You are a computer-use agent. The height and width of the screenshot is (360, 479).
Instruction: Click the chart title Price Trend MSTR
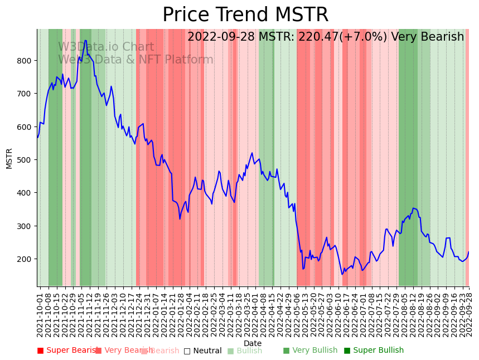(245, 15)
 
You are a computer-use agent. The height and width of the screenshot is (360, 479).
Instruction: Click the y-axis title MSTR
(9, 158)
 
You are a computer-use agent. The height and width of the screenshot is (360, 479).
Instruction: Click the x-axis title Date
(253, 343)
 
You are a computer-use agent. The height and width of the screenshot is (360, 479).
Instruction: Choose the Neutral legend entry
(202, 351)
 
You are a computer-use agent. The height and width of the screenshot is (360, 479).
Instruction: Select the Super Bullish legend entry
(374, 351)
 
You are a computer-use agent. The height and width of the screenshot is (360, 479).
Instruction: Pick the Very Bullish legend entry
(310, 351)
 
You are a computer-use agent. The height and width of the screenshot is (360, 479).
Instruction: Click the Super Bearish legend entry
(67, 351)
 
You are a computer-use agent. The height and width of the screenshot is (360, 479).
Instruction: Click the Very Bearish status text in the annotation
(427, 37)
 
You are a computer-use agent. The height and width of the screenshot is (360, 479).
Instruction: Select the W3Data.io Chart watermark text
(106, 47)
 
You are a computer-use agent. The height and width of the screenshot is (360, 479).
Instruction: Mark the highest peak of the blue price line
(85, 40)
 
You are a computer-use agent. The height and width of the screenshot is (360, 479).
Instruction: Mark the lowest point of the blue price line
(342, 274)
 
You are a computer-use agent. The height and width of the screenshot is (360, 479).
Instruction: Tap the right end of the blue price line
(469, 252)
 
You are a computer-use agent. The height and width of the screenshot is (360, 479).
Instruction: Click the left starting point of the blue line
(37, 137)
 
